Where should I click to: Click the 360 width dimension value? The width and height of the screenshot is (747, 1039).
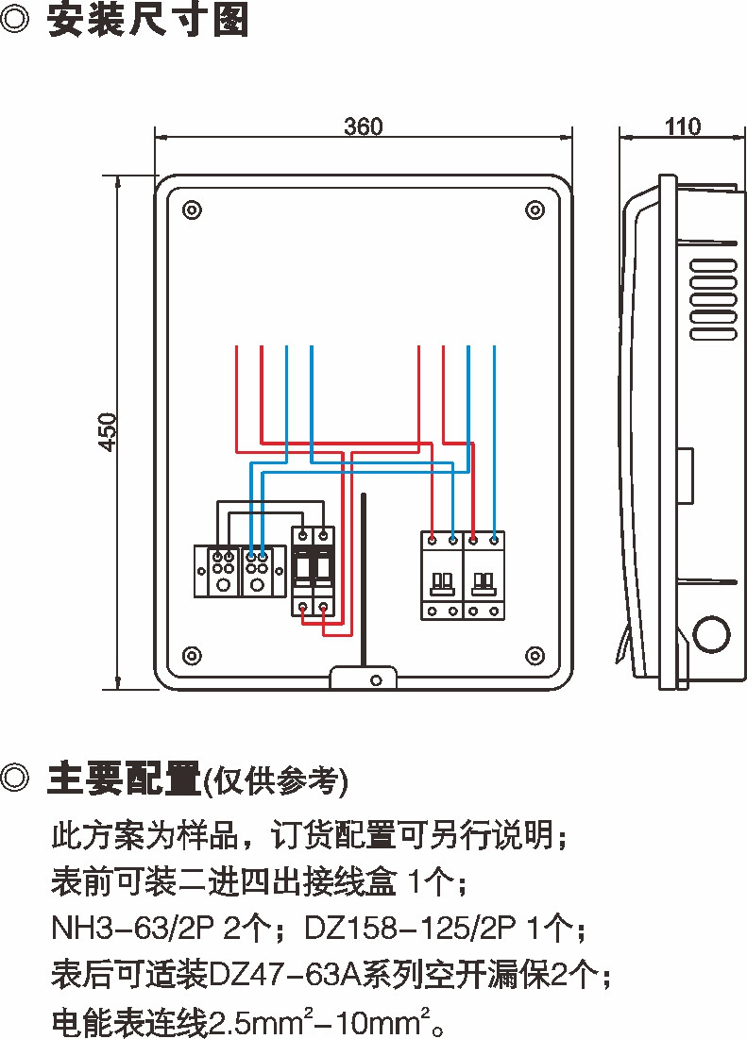tap(364, 126)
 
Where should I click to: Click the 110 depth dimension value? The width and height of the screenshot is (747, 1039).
tap(683, 126)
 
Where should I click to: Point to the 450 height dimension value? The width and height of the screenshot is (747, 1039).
tap(109, 431)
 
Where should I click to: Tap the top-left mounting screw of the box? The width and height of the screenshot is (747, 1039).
tap(192, 209)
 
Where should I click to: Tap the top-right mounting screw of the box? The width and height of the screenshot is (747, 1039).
tap(535, 209)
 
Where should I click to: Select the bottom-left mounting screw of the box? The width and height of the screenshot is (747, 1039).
tap(192, 655)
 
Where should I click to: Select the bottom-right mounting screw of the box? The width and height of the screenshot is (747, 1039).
tap(535, 655)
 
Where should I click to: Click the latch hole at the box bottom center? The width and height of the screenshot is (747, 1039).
tap(375, 679)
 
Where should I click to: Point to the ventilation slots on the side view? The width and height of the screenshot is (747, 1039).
tap(712, 299)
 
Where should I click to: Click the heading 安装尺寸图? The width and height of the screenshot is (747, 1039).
tap(148, 21)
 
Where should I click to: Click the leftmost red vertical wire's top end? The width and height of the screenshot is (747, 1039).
tap(236, 348)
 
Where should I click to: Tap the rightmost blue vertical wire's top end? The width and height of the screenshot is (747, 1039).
tap(494, 348)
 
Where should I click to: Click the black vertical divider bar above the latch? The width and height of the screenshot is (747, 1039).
tap(365, 576)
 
